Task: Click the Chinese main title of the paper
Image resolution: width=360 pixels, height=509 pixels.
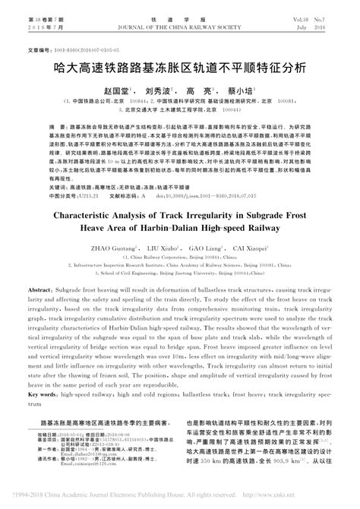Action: pos(180,68)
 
